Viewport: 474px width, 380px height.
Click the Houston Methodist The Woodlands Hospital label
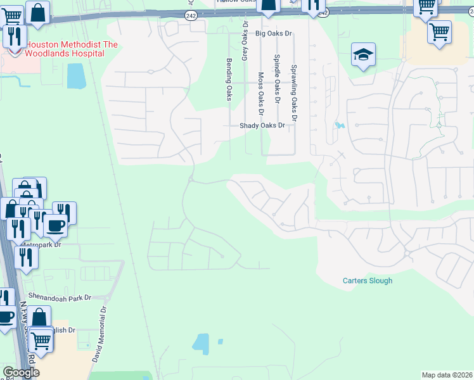(63, 49)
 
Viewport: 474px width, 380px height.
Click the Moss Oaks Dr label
(260, 89)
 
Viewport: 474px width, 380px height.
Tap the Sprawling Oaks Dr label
(293, 92)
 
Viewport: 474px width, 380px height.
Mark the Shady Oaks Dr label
(262, 125)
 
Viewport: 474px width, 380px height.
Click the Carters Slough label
(368, 281)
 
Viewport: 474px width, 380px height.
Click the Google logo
(20, 372)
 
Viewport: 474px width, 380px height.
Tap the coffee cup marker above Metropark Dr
(54, 224)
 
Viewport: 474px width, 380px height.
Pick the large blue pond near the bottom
(201, 343)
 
